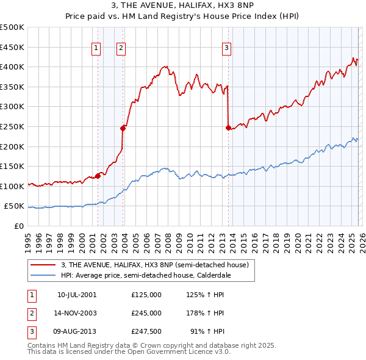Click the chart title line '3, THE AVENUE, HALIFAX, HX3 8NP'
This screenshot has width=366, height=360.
coord(183,7)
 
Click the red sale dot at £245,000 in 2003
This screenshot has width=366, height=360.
coord(123,128)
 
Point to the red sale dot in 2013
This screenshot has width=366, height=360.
coord(228,128)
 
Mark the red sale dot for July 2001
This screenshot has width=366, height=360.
coord(98,176)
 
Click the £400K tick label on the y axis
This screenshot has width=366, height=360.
coord(13,67)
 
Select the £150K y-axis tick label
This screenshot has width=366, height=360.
coord(13,166)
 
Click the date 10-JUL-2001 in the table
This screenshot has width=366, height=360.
coord(77,295)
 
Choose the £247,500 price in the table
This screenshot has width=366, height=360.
coord(146,331)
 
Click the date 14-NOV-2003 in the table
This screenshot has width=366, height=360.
coord(77,313)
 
